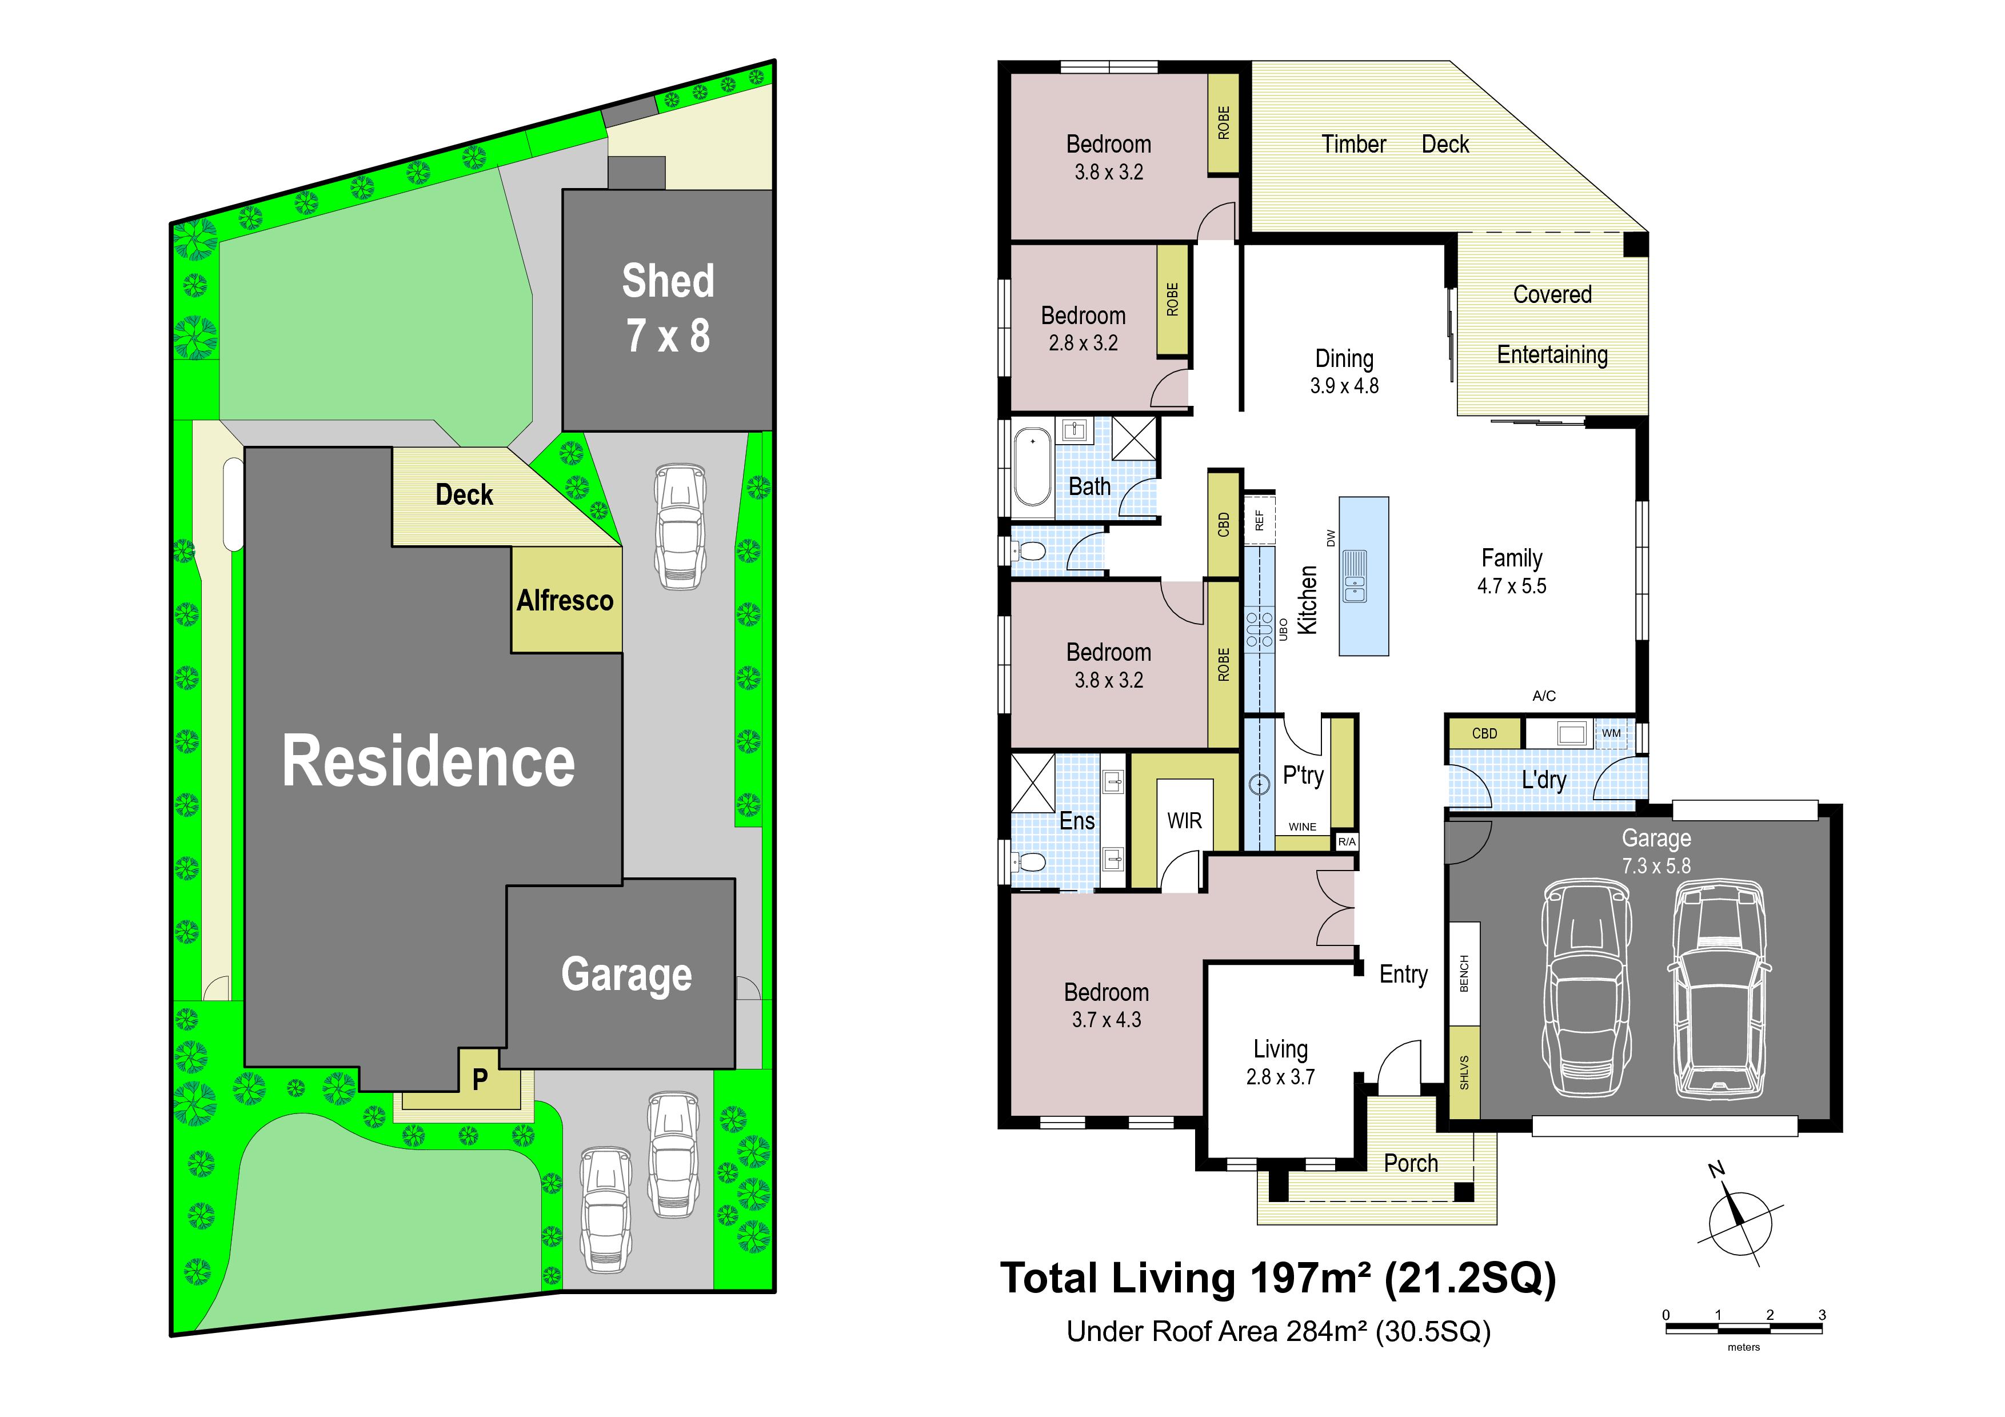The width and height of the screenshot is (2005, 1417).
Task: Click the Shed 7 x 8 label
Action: click(x=668, y=308)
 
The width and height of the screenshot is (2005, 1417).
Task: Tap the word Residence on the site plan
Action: click(x=429, y=761)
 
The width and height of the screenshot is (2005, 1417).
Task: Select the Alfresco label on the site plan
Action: click(x=565, y=601)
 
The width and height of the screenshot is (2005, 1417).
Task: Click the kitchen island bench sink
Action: click(x=1355, y=576)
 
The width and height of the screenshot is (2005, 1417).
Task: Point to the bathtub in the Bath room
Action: click(x=1033, y=466)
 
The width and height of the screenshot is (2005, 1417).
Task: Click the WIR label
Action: click(x=1184, y=821)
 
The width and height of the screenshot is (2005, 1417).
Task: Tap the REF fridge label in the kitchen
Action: click(x=1259, y=520)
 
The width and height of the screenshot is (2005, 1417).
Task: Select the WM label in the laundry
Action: click(x=1611, y=733)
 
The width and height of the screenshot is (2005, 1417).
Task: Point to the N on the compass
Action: click(x=1716, y=1170)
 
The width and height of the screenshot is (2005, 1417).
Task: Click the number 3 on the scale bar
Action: click(x=1822, y=1315)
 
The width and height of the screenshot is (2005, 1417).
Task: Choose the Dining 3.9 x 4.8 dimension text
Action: click(x=1344, y=386)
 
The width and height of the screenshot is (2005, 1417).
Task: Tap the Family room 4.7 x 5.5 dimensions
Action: click(x=1512, y=586)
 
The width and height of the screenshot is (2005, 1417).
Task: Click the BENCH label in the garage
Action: click(x=1464, y=973)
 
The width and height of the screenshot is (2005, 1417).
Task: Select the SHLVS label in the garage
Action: click(x=1464, y=1073)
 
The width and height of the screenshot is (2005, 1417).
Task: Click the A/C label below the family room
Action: click(x=1544, y=696)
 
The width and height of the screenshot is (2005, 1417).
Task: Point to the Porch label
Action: click(x=1411, y=1164)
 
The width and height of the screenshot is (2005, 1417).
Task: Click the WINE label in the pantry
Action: click(x=1302, y=827)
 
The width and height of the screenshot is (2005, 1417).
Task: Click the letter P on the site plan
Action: click(x=480, y=1080)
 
